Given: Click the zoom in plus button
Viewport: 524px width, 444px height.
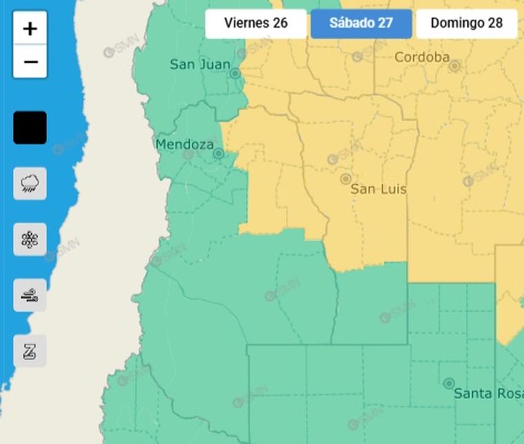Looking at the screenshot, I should (30, 29).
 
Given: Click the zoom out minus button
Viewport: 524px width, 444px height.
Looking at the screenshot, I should (30, 62).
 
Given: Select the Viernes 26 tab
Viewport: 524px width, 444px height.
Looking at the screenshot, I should (256, 23).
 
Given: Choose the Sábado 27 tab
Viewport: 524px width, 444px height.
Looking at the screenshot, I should (361, 23).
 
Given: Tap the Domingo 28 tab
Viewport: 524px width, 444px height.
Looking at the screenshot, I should (467, 23).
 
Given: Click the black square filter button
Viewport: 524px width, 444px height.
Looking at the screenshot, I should (30, 128).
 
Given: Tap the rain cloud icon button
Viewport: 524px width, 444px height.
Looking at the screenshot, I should (30, 183).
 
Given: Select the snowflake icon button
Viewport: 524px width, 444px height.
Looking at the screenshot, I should (30, 239).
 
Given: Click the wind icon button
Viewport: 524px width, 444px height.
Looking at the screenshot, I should (30, 295).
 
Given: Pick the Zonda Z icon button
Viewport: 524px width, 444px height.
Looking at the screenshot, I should (30, 351).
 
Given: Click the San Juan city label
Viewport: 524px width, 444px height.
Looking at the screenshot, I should (200, 65).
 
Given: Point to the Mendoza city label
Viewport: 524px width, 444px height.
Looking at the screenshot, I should (184, 145).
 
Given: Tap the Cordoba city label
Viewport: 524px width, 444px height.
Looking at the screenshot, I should (421, 57).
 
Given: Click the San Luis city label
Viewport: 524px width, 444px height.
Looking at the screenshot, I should (378, 189).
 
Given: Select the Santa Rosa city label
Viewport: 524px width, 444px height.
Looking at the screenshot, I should (482, 394).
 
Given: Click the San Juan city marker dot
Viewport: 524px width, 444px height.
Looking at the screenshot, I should (235, 73).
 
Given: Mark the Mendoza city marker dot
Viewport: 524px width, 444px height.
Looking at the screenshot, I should (219, 154).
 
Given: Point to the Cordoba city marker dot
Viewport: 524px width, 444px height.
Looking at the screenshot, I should (454, 66).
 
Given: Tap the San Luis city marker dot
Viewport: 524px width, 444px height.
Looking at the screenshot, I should (345, 179).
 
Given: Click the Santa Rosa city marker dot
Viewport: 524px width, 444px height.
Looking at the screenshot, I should (449, 383).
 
